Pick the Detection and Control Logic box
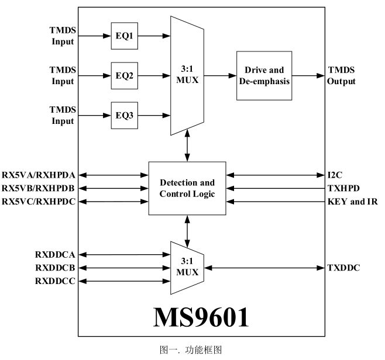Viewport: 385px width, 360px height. click(x=187, y=188)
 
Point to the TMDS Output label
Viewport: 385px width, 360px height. click(x=341, y=76)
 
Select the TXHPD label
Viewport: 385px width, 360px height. click(x=343, y=188)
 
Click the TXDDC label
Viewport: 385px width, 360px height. click(x=343, y=268)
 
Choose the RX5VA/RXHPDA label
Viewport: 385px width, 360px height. click(x=39, y=174)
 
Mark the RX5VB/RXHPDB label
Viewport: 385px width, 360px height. click(x=39, y=188)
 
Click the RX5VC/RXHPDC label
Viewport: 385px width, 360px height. click(x=39, y=202)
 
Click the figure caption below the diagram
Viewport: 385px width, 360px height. click(x=192, y=351)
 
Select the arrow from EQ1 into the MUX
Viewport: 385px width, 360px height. click(x=153, y=36)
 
